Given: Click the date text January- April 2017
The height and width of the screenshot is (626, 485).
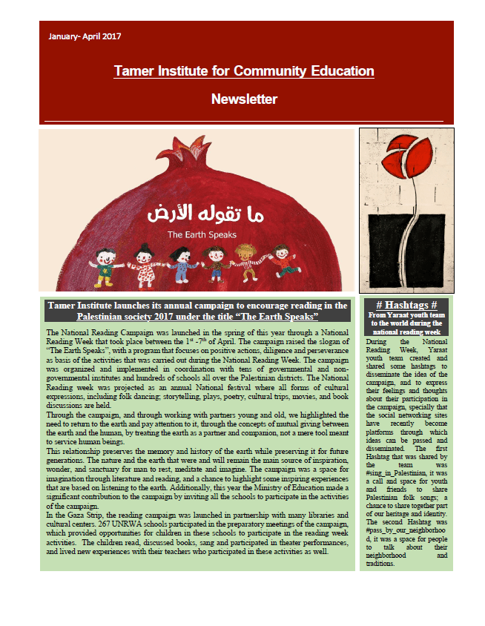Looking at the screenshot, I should tap(84, 36).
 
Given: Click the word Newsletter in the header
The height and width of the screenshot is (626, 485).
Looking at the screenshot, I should tap(244, 99).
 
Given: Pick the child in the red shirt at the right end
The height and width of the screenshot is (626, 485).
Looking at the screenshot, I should tap(281, 263).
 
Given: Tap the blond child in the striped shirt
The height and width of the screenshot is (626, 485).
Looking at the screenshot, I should tap(247, 263).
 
